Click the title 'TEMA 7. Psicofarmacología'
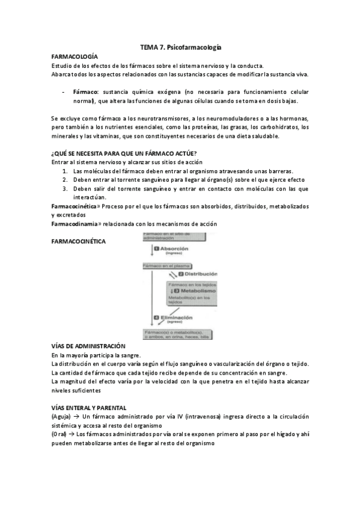coord(180,46)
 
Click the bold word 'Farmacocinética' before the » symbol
coord(75,206)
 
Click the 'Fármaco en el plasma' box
coord(161,265)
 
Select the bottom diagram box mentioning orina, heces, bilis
coord(178,334)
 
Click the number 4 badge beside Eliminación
coord(156,317)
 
